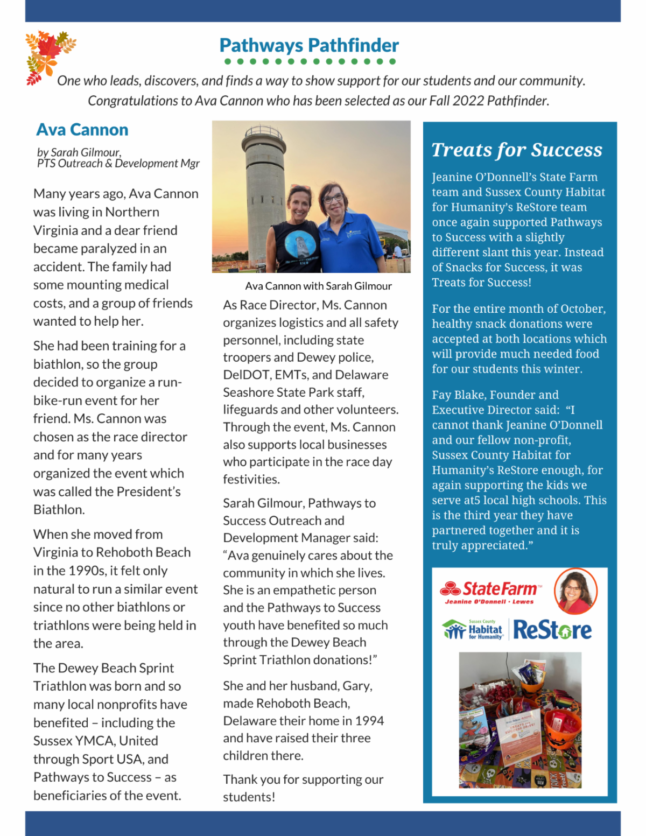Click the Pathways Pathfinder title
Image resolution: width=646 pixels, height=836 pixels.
pos(309,45)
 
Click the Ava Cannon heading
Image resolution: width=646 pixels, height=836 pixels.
pos(82,130)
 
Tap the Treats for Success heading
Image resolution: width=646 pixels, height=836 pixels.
pos(517,150)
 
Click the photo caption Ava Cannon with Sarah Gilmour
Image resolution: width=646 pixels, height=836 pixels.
pos(318,286)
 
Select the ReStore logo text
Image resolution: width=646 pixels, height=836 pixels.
pos(552,630)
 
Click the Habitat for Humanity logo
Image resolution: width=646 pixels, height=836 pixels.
pos(474,629)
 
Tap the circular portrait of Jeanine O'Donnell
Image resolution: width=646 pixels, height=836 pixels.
pos(575,591)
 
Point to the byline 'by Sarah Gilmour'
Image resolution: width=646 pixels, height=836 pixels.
pos(79,152)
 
